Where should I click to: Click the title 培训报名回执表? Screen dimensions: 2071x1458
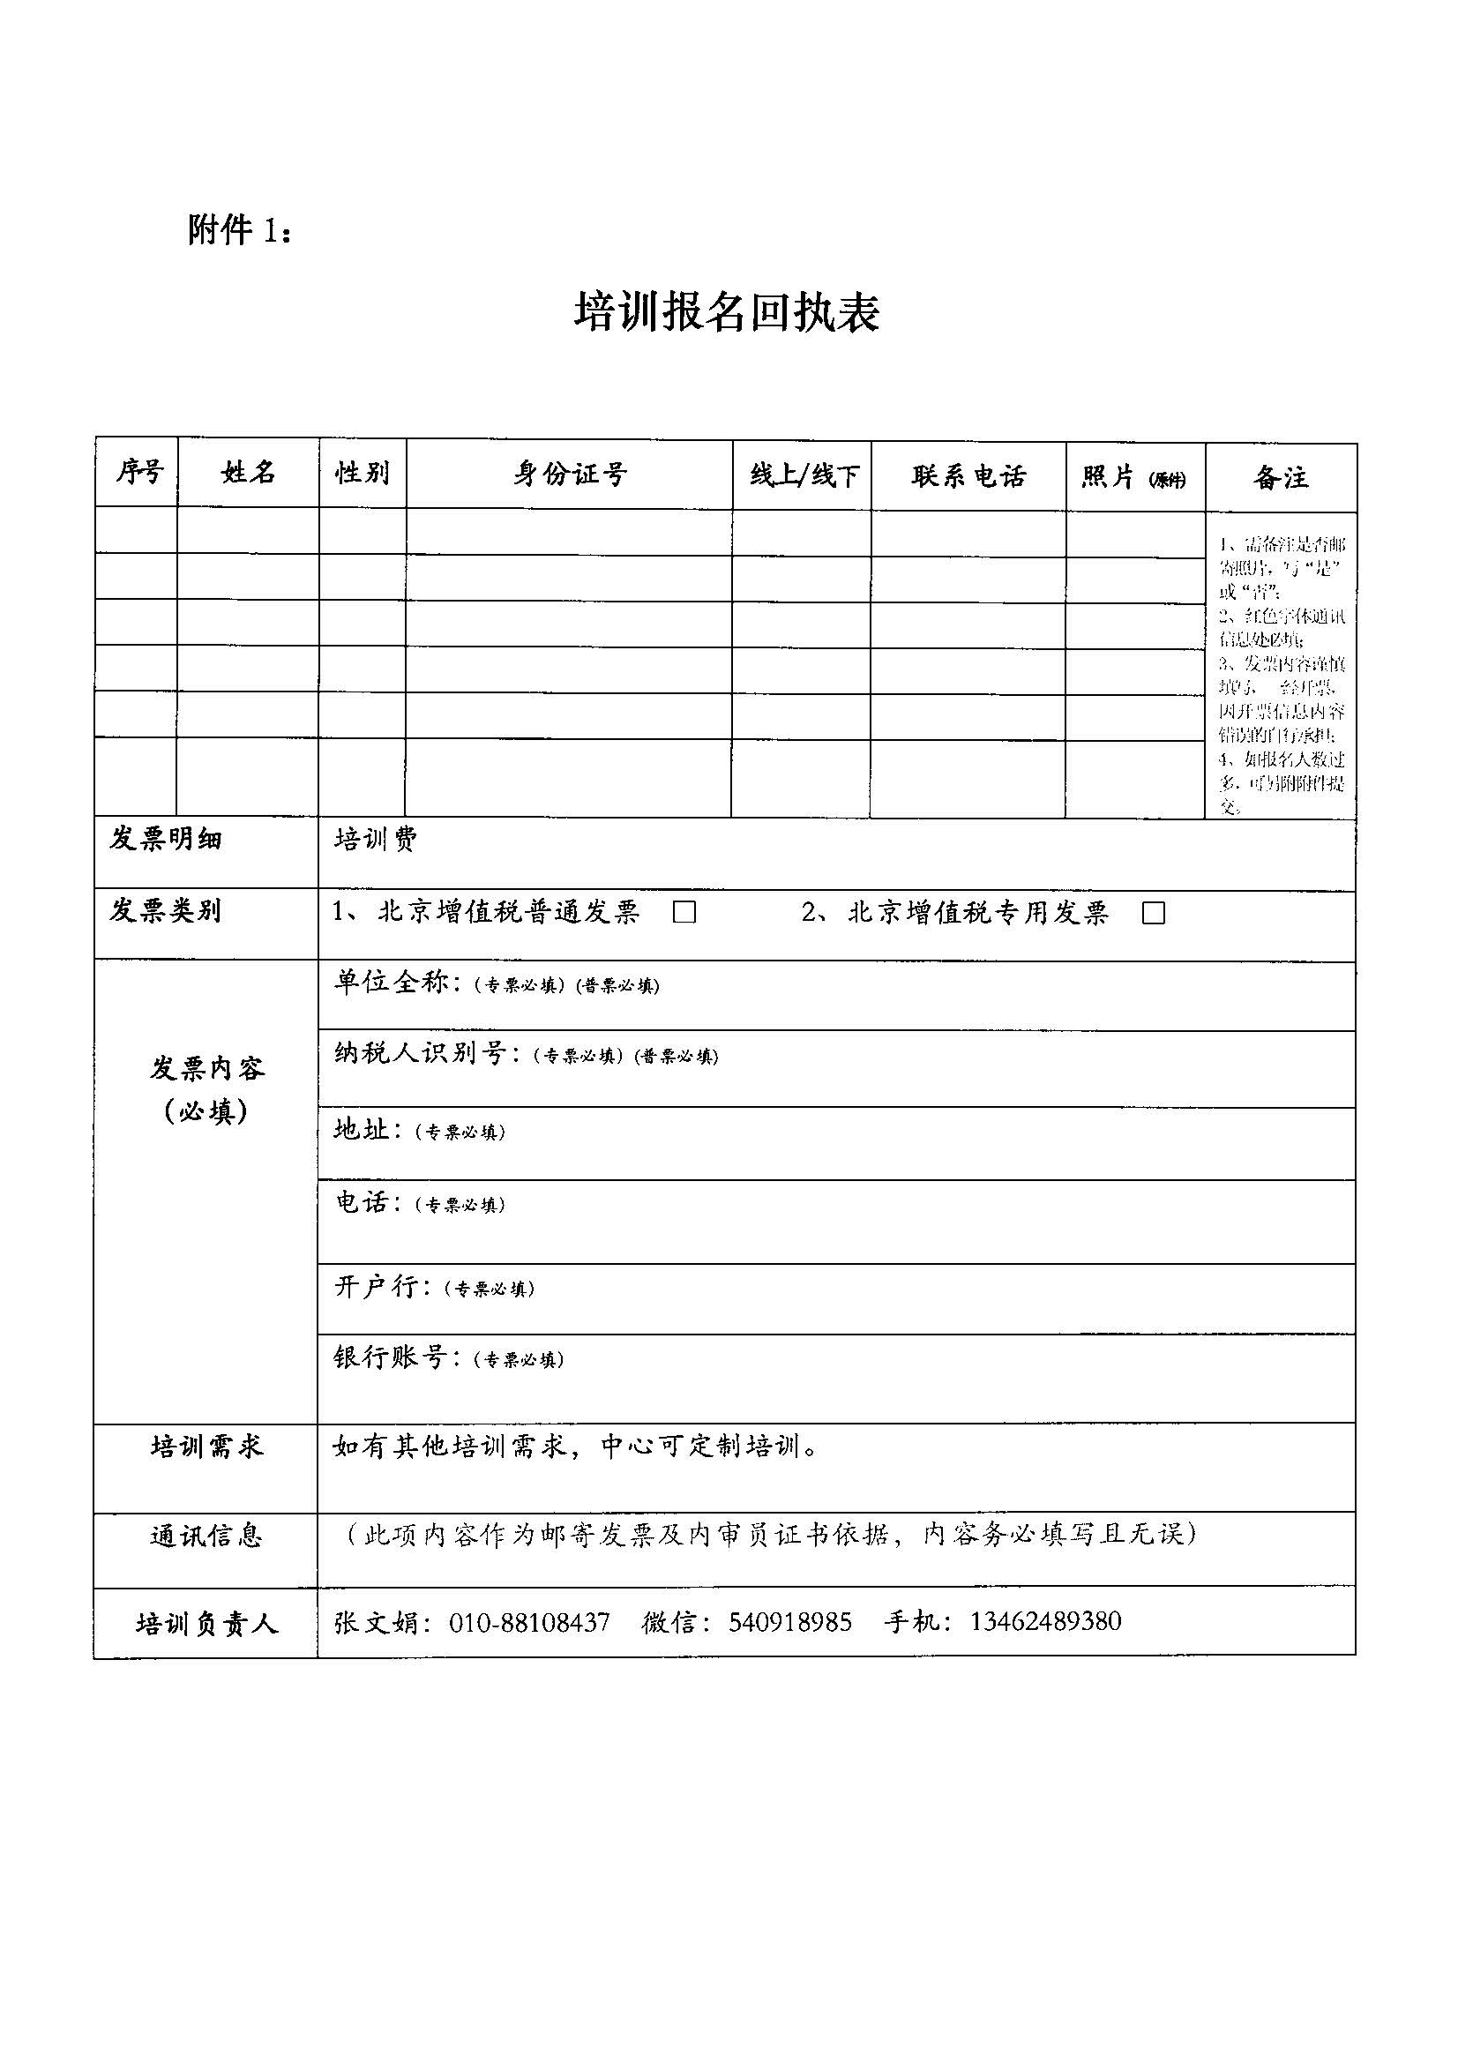[x=727, y=313]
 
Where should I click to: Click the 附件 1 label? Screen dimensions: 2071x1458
[x=239, y=231]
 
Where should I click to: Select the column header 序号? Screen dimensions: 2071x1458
[x=139, y=472]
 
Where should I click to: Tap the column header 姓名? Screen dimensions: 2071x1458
[x=248, y=472]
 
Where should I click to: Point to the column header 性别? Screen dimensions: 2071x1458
[x=363, y=473]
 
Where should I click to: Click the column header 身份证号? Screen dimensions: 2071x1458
[x=569, y=475]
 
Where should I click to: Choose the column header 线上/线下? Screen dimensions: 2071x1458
[x=803, y=475]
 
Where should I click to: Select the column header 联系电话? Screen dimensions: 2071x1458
[x=969, y=476]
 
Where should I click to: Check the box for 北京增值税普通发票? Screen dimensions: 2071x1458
[x=684, y=913]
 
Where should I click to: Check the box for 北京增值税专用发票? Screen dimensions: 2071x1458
[x=1153, y=914]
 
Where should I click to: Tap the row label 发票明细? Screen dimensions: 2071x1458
[x=165, y=839]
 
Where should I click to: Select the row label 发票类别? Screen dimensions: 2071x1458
[x=165, y=910]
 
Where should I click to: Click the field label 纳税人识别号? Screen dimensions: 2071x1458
[x=421, y=1053]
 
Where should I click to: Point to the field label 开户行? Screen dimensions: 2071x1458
[x=378, y=1287]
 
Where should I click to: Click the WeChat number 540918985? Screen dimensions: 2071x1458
[x=789, y=1623]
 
